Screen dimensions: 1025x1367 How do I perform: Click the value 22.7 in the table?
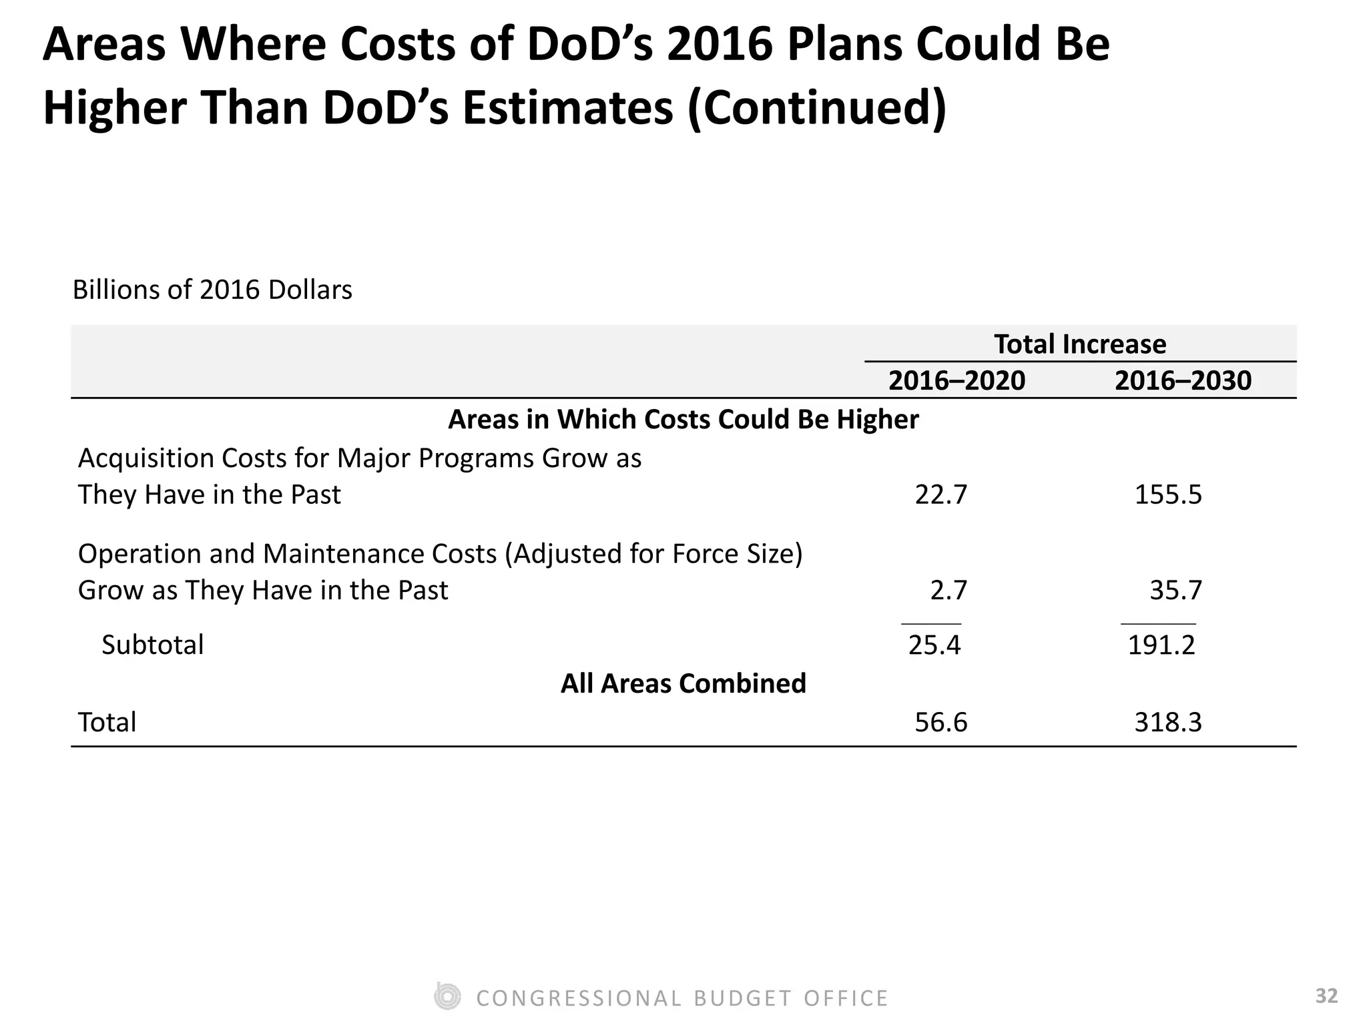[940, 495]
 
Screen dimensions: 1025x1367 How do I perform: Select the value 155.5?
[1167, 495]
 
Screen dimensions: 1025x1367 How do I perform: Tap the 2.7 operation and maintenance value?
[948, 591]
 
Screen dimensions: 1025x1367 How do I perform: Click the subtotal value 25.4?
[934, 645]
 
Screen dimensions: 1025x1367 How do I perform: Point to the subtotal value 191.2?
[1161, 645]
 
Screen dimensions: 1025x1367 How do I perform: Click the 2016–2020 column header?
[956, 381]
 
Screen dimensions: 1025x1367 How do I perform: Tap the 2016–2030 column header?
[1183, 381]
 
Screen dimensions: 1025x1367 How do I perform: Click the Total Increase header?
[1080, 344]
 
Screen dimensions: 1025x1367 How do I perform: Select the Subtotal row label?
[152, 645]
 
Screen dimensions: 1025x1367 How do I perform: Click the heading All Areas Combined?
[683, 684]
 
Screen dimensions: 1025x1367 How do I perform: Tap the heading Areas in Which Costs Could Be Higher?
[683, 420]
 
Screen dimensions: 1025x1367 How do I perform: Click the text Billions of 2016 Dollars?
[212, 290]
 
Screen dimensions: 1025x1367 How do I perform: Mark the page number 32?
[1326, 996]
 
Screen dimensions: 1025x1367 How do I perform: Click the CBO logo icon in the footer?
[447, 996]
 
